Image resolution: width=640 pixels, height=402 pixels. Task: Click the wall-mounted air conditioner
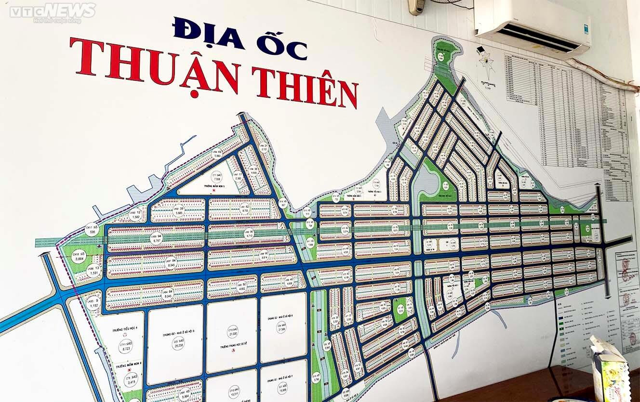pyautogui.click(x=533, y=26)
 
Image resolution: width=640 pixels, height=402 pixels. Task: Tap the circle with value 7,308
pyautogui.click(x=218, y=178)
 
